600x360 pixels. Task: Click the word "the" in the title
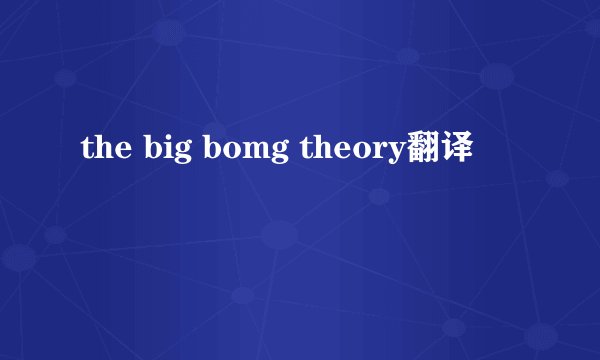coord(100,151)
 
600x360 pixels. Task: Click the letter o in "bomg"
coord(219,152)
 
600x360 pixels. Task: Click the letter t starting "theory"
coord(304,151)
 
